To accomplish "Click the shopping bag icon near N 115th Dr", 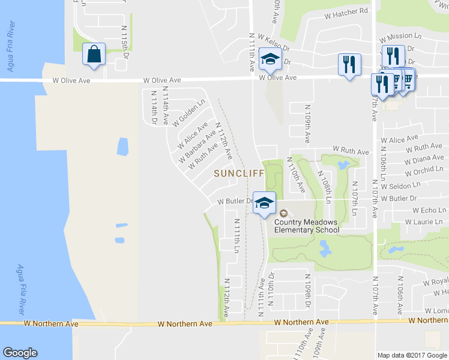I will pyautogui.click(x=94, y=54).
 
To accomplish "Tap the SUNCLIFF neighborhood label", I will pyautogui.click(x=239, y=173).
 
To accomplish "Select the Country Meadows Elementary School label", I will pyautogui.click(x=307, y=226).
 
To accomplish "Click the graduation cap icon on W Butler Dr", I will pyautogui.click(x=264, y=202).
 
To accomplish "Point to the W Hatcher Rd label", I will pyautogui.click(x=346, y=11).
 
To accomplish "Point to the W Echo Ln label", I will pyautogui.click(x=429, y=211).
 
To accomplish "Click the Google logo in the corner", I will pyautogui.click(x=20, y=353).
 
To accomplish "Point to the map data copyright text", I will pyautogui.click(x=412, y=355).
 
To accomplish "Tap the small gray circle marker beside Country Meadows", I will pyautogui.click(x=283, y=213).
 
